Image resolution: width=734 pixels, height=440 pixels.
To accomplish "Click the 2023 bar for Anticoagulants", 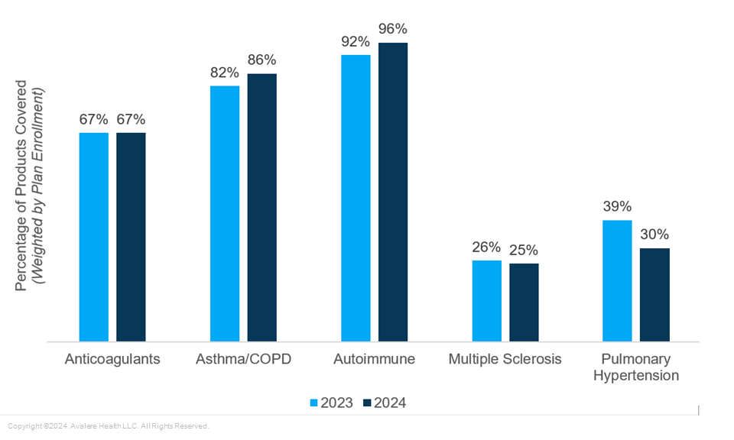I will (94, 237).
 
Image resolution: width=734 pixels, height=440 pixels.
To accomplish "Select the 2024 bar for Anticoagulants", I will (131, 237).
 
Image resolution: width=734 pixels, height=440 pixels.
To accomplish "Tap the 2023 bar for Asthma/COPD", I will (225, 214).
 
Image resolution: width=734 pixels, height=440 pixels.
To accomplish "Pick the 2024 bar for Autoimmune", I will (393, 192).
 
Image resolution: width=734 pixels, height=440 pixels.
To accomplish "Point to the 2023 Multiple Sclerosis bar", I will (487, 301).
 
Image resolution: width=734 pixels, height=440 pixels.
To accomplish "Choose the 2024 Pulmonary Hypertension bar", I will (654, 295).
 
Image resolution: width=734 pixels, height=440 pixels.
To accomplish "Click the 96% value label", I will (393, 30).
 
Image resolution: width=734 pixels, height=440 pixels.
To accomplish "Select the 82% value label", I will (225, 73).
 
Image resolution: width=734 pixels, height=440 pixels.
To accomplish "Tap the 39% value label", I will (617, 207).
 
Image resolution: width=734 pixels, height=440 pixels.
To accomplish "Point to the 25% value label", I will (524, 251).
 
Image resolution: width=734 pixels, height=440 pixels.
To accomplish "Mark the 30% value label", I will (654, 235).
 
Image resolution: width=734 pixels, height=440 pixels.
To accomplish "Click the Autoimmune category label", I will (375, 359).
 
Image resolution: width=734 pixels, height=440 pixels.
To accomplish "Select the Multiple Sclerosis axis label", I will (505, 359).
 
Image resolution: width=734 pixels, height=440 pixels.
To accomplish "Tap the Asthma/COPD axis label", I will (243, 359).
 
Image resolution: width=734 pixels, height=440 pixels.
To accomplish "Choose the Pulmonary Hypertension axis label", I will (636, 367).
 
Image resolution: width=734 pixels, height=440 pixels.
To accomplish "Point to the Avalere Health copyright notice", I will (108, 426).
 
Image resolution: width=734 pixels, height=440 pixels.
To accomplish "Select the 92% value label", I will (356, 42).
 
